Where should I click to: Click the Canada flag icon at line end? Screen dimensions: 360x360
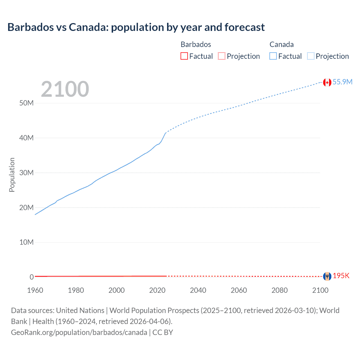coord(327,82)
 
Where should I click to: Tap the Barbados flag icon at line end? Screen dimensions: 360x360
coord(327,276)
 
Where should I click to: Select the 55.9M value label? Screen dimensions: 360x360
coord(342,82)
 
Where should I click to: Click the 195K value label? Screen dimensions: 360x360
coord(341,276)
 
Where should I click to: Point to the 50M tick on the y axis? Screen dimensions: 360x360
coord(26,103)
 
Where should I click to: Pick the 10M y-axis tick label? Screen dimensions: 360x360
coord(26,242)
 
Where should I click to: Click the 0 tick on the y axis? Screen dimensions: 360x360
coord(31,277)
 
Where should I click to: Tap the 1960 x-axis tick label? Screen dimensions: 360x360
coord(35,290)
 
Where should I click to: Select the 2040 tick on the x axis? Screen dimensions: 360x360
coord(198,290)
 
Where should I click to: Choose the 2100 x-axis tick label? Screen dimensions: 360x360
coord(320,290)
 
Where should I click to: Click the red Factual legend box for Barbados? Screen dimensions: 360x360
coord(184,56)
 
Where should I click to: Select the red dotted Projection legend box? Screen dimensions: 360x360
coord(222,56)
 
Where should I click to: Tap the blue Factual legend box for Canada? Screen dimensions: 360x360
coord(273,56)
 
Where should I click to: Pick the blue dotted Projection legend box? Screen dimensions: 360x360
coord(310,56)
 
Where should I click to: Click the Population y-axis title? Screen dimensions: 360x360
coord(12,175)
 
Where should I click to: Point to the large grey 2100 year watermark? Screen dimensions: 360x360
coord(65,89)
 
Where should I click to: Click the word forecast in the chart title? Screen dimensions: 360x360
coord(244,27)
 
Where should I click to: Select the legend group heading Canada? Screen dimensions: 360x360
coord(282,44)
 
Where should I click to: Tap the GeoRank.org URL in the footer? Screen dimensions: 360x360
coord(79,332)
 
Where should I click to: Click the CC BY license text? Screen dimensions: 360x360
coord(163,332)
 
